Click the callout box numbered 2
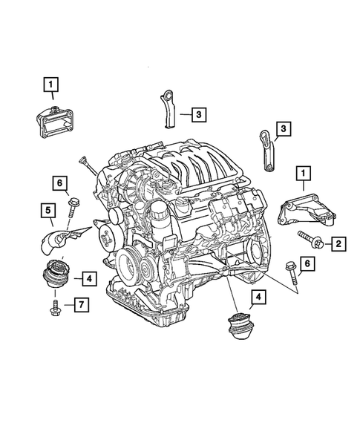click(x=337, y=243)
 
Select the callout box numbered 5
click(x=48, y=211)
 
